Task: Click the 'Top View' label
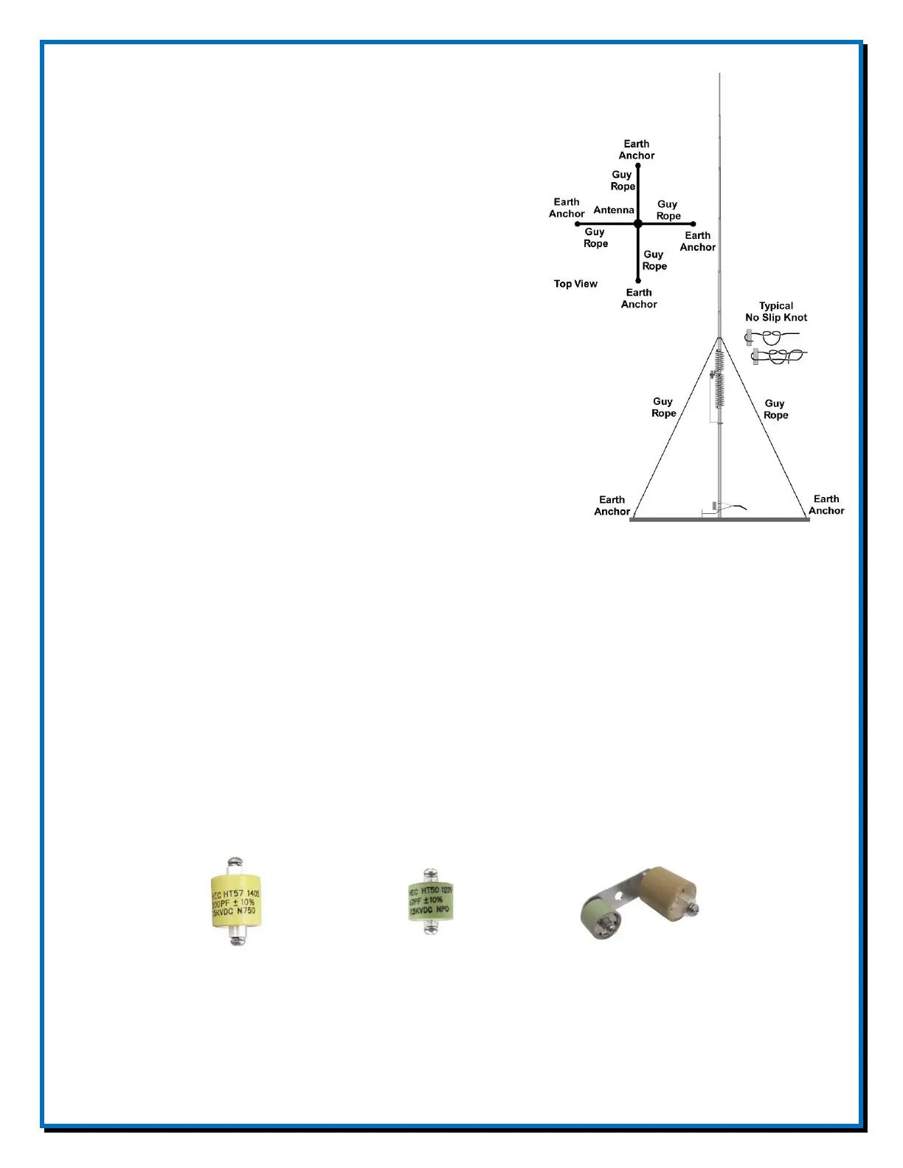(x=575, y=284)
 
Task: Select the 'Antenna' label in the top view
(x=614, y=210)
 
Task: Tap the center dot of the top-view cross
(x=638, y=223)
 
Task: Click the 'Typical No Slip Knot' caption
(x=776, y=312)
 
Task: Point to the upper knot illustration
(x=772, y=338)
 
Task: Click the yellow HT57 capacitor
(x=236, y=901)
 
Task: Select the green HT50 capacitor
(x=431, y=900)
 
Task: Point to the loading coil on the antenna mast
(x=719, y=380)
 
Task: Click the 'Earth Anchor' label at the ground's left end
(x=612, y=506)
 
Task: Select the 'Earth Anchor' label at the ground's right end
(x=826, y=505)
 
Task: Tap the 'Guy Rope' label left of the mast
(x=663, y=408)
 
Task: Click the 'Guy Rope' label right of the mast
(x=775, y=409)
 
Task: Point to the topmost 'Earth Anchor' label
(x=637, y=150)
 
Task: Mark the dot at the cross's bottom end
(x=638, y=281)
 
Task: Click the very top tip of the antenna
(x=719, y=74)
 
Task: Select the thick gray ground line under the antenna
(x=719, y=520)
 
